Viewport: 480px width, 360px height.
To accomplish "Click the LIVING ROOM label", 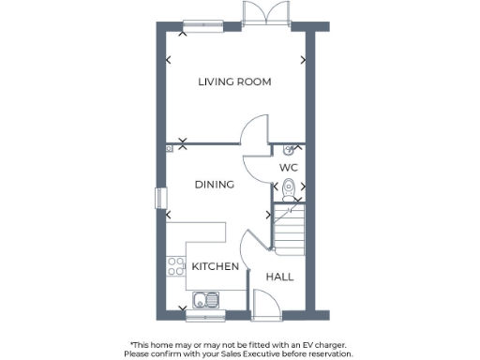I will pyautogui.click(x=234, y=82).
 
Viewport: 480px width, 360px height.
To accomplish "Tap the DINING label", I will pyautogui.click(x=214, y=185).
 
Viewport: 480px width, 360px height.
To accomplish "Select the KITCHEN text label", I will pyautogui.click(x=215, y=266).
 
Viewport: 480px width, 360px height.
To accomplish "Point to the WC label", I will pyautogui.click(x=289, y=167).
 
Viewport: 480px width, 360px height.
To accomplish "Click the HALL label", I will pyautogui.click(x=279, y=277).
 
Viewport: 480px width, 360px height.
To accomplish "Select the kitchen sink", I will pyautogui.click(x=205, y=299).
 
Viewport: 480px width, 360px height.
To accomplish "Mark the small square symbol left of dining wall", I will pyautogui.click(x=170, y=148).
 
